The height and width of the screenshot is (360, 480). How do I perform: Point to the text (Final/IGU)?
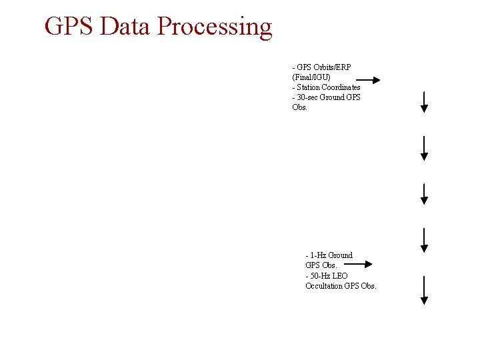[x=311, y=77]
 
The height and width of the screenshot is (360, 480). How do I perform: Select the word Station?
[x=310, y=87]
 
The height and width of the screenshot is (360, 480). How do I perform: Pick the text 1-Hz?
[x=319, y=255]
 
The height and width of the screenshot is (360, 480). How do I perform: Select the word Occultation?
[x=325, y=286]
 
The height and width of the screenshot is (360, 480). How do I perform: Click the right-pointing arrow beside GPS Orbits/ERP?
[x=364, y=80]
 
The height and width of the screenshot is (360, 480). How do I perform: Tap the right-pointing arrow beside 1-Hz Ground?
[x=356, y=264]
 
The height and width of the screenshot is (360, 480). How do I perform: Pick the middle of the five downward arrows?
[x=424, y=193]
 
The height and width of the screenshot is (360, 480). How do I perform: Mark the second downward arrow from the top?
[x=424, y=148]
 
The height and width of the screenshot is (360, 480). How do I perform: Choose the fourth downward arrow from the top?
[x=424, y=240]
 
